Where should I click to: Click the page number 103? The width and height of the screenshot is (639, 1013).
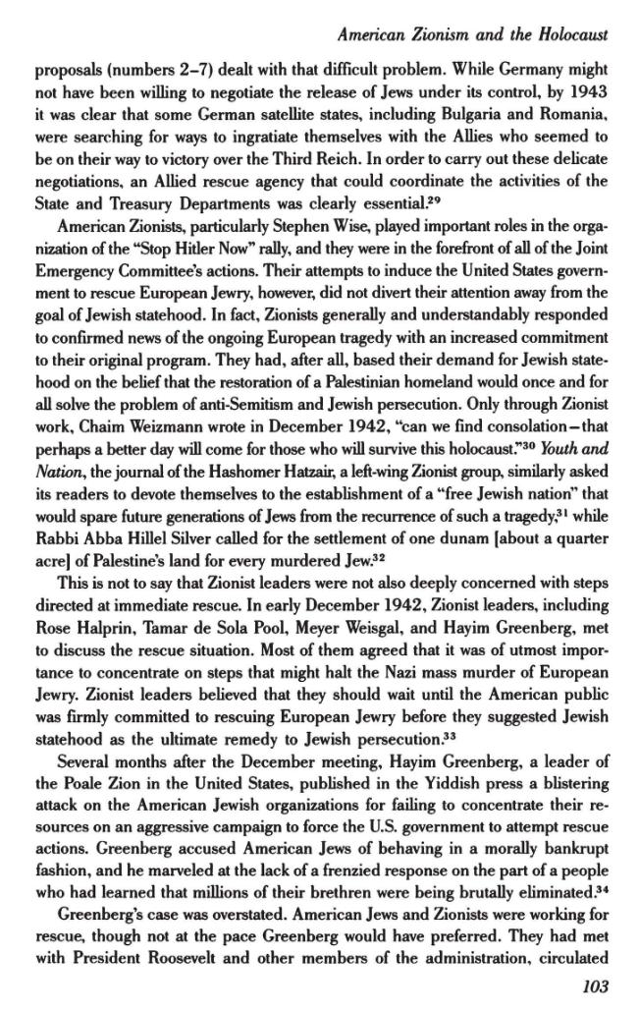coord(594,987)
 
